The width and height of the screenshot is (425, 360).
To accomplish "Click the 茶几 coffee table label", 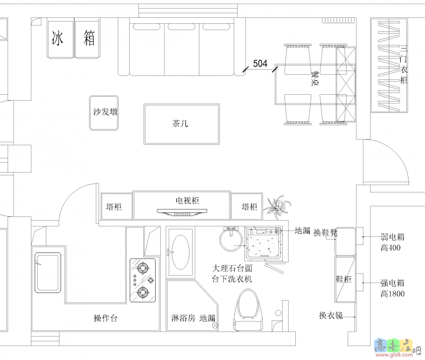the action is pyautogui.click(x=180, y=124).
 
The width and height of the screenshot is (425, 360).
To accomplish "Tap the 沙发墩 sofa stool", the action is pyautogui.click(x=104, y=113).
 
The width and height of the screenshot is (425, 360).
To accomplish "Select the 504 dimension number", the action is pyautogui.click(x=260, y=64).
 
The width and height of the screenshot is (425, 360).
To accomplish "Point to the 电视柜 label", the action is pyautogui.click(x=187, y=200).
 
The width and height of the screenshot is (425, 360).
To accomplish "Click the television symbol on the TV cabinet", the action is pyautogui.click(x=182, y=213).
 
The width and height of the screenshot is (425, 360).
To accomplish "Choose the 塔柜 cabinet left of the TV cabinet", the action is pyautogui.click(x=116, y=206).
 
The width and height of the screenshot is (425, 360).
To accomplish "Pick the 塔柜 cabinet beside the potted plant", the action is pyautogui.click(x=246, y=206).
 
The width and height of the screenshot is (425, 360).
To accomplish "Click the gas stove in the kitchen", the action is pyautogui.click(x=142, y=280).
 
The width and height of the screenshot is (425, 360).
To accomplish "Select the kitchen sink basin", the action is pyautogui.click(x=48, y=273).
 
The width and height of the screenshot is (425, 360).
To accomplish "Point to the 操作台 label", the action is pyautogui.click(x=105, y=318).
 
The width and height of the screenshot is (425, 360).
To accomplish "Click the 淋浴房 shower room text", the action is pyautogui.click(x=183, y=318).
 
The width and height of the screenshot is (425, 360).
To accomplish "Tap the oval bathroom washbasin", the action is pyautogui.click(x=180, y=252).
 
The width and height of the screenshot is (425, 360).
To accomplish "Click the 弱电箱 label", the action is pyautogui.click(x=392, y=237).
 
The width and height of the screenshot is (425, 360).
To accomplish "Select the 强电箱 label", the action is pyautogui.click(x=392, y=283).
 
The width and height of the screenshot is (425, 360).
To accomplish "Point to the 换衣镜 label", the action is pyautogui.click(x=331, y=315).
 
